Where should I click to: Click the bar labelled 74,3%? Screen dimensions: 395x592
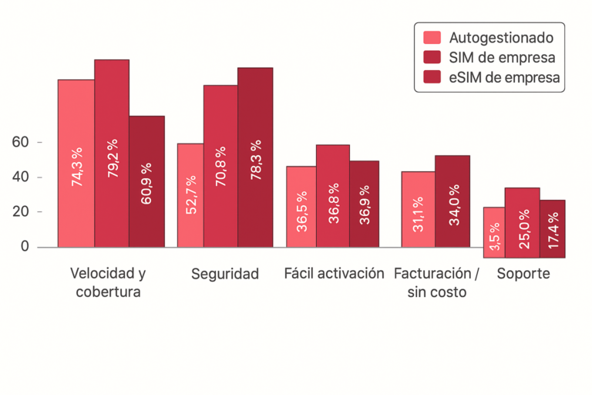click(76, 163)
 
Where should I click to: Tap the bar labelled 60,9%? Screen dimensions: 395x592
click(146, 181)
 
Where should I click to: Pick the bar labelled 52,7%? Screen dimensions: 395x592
click(190, 195)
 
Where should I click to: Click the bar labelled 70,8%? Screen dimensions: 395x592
click(220, 166)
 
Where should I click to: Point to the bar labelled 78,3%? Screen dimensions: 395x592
click(255, 157)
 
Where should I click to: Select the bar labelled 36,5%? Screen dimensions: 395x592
click(301, 207)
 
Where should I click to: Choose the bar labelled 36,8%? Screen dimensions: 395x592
click(333, 196)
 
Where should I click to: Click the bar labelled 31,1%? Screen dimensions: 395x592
click(418, 209)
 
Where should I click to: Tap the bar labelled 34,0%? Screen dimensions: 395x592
click(452, 201)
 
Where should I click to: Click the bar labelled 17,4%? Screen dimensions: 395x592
click(552, 228)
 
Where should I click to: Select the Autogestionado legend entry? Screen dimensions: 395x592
click(489, 36)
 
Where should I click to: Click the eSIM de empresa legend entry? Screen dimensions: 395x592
click(489, 77)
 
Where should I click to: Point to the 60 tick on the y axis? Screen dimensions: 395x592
click(21, 142)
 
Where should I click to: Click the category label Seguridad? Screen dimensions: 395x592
click(225, 274)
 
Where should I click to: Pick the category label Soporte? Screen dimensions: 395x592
click(523, 274)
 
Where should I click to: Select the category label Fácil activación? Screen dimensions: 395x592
click(334, 274)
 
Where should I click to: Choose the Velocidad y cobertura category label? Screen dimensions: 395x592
click(108, 282)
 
